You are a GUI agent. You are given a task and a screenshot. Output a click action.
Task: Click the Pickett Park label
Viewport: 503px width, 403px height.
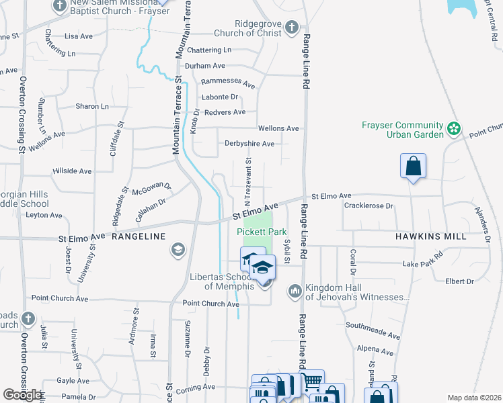[262, 232]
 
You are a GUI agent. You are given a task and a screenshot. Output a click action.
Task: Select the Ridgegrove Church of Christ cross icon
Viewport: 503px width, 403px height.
[291, 28]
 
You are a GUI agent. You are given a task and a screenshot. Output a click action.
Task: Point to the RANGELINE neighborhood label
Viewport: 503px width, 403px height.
[138, 236]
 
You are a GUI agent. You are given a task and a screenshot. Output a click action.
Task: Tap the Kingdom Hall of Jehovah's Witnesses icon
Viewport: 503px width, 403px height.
[295, 291]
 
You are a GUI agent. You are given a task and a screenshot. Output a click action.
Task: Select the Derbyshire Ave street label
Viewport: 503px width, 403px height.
[249, 144]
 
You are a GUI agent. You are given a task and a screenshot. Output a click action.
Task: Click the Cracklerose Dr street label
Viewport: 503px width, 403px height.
[368, 206]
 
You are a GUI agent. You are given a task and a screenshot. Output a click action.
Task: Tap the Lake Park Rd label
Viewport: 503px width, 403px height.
[424, 260]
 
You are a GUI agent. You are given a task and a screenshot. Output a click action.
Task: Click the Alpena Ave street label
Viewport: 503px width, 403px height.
[375, 350]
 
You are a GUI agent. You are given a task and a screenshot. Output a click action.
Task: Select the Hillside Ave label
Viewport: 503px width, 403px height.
[72, 171]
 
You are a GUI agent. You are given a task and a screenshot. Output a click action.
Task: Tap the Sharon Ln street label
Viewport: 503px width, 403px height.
[91, 106]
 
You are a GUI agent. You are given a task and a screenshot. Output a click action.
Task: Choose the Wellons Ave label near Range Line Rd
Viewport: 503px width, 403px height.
[278, 128]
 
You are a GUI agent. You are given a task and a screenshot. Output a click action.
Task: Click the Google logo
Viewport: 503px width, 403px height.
[22, 395]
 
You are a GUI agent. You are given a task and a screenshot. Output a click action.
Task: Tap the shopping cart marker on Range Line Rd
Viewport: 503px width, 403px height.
[311, 382]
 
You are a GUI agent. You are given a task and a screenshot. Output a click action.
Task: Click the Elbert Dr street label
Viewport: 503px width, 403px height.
[459, 281]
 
